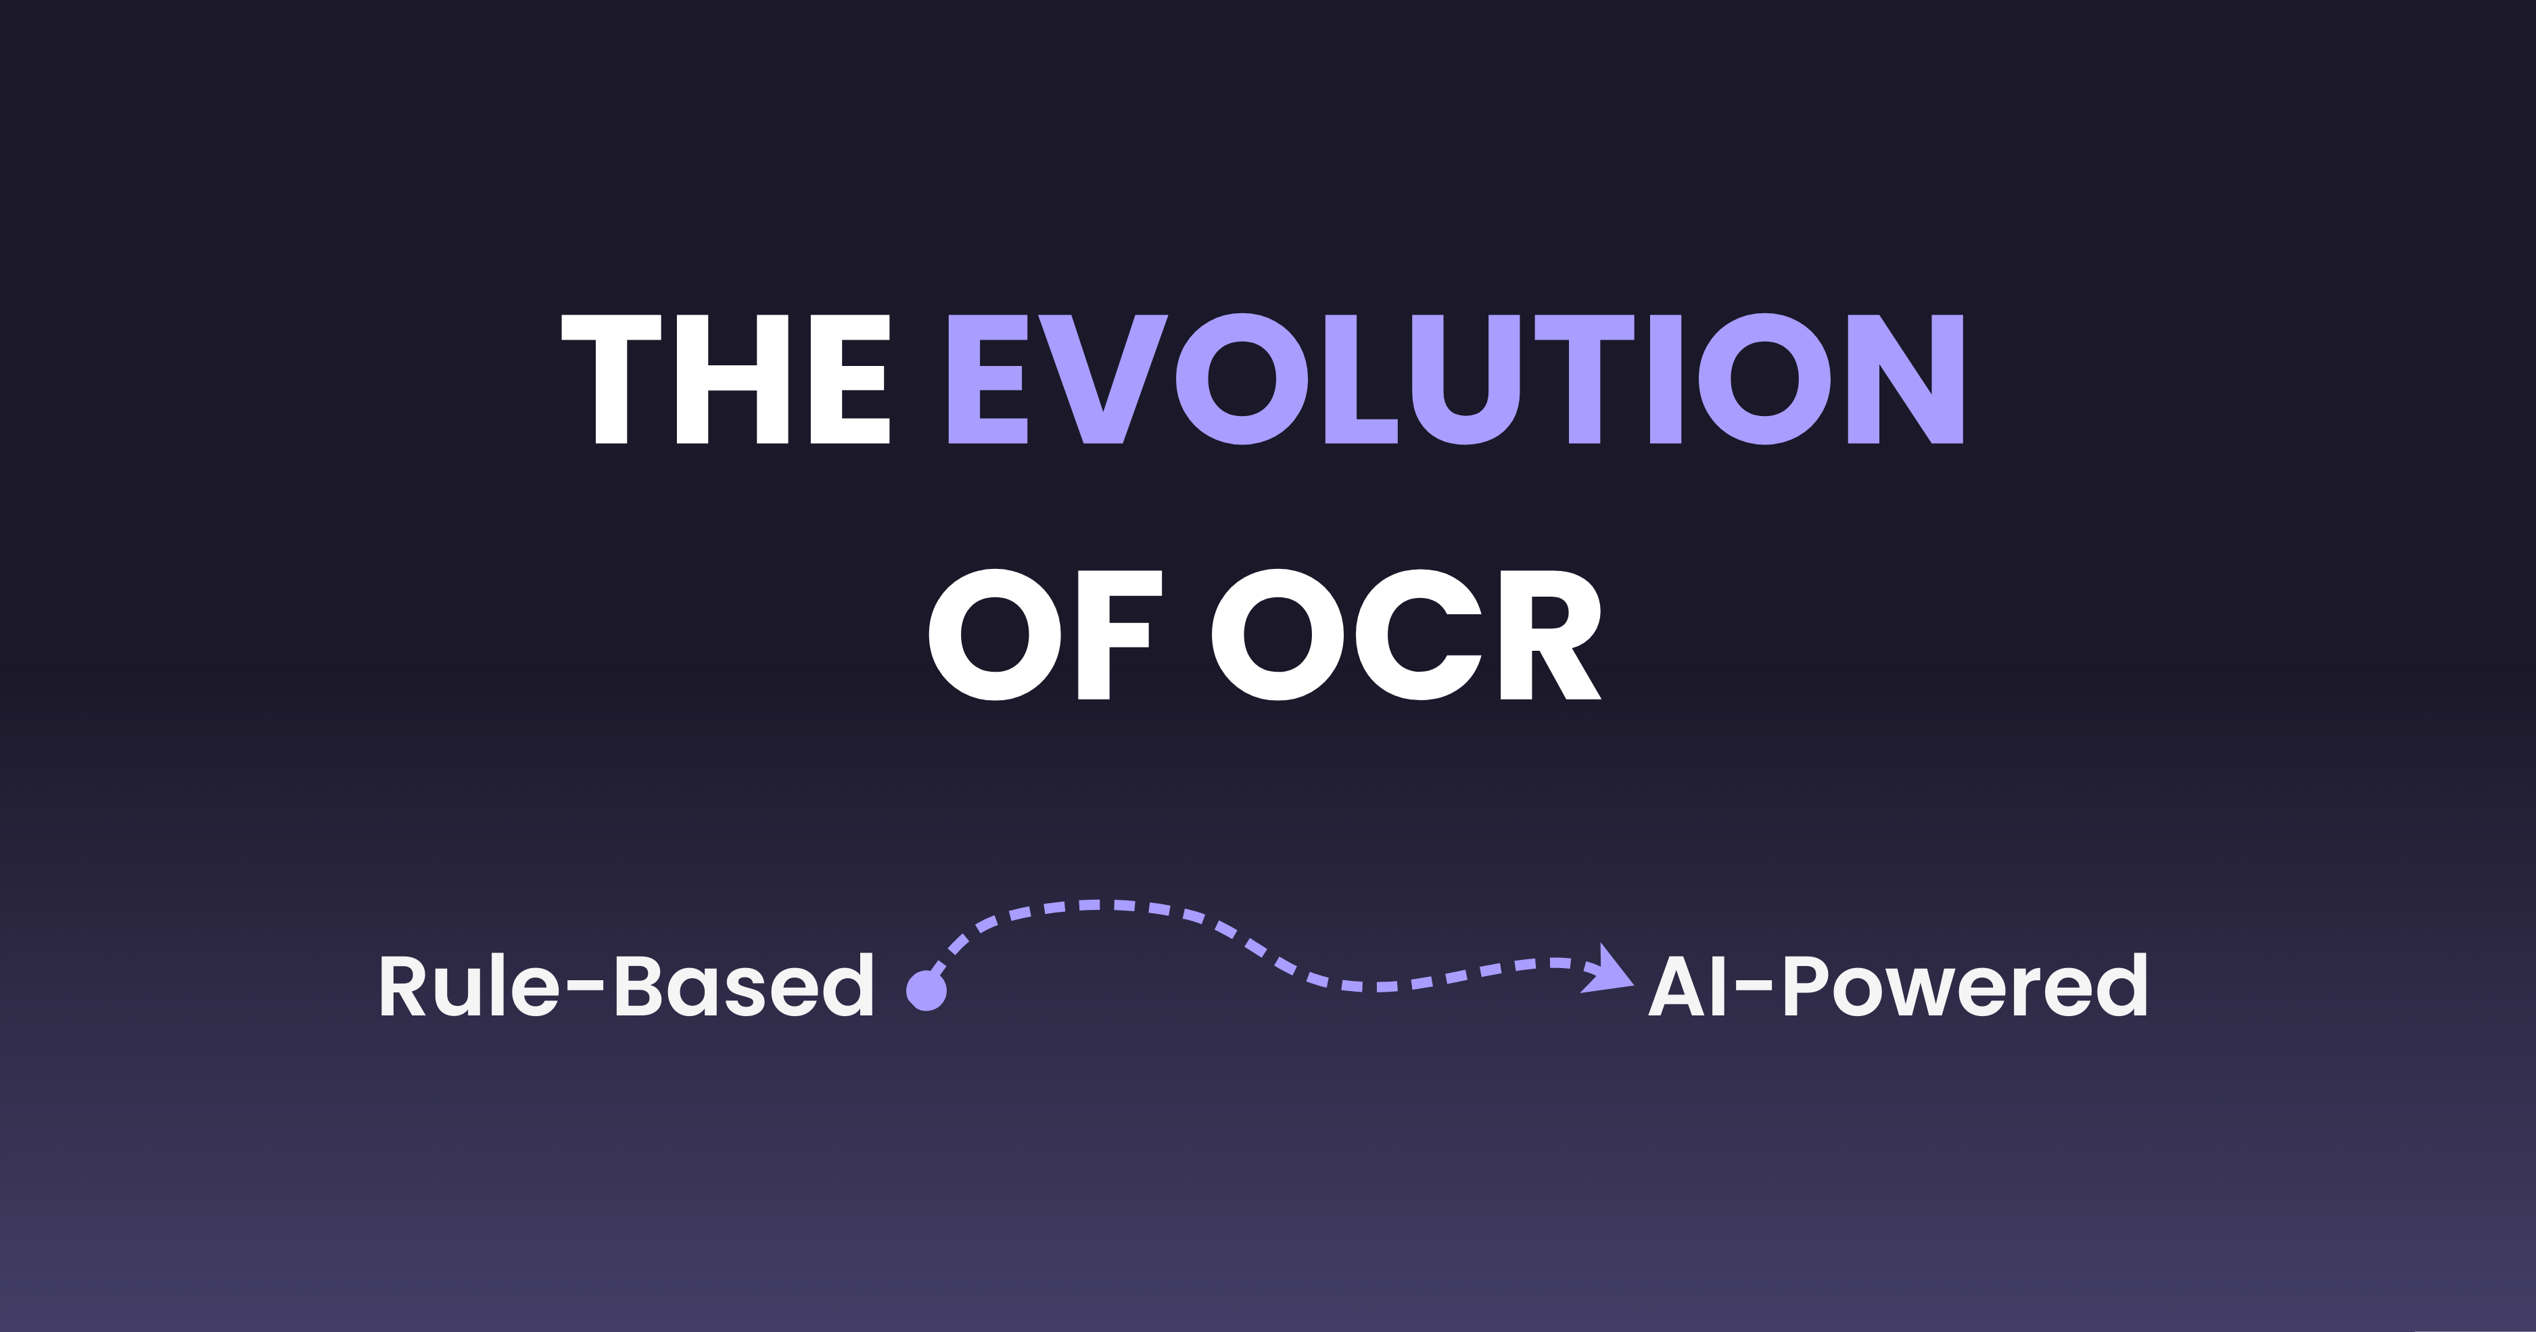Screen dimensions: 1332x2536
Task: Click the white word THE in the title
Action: click(726, 379)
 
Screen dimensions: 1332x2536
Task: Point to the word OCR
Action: click(1406, 635)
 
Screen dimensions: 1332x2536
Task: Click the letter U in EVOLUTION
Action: click(1466, 379)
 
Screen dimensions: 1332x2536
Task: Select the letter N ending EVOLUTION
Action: click(1906, 379)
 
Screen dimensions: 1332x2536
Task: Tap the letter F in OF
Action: click(1112, 635)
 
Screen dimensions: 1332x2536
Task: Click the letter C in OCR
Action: click(1417, 635)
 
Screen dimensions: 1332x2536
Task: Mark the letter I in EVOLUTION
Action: click(1666, 379)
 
